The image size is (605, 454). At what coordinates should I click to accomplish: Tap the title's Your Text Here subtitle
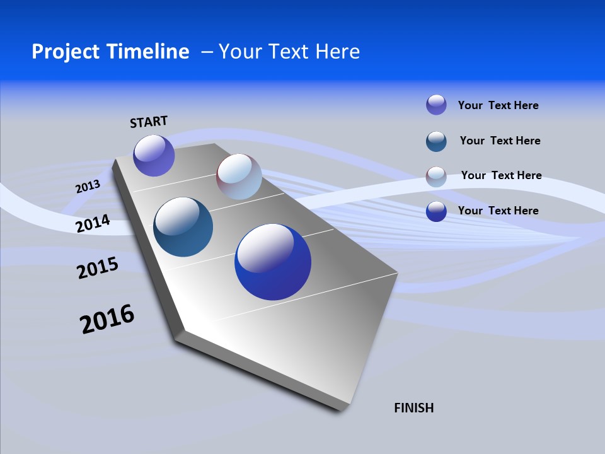(x=289, y=52)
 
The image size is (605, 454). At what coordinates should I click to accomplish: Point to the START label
(x=149, y=122)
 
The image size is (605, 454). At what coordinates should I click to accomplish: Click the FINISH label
(x=413, y=408)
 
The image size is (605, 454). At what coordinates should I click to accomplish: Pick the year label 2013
(x=88, y=186)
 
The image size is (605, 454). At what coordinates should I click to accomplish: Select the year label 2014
(x=93, y=223)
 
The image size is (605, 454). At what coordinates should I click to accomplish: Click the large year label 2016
(x=107, y=318)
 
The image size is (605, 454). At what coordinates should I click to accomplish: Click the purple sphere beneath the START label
(x=154, y=155)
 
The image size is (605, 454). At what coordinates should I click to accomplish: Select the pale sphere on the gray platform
(x=239, y=176)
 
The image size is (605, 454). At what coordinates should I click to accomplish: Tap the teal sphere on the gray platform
(x=183, y=227)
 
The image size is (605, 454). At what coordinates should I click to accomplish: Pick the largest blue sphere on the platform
(x=273, y=262)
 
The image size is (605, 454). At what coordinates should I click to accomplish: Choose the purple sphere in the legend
(x=436, y=105)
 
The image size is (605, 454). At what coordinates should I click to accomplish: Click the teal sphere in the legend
(x=436, y=141)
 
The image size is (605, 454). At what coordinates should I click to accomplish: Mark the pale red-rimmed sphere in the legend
(x=436, y=177)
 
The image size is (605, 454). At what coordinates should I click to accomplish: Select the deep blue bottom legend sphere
(x=436, y=211)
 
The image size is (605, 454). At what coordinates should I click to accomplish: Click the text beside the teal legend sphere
(x=500, y=141)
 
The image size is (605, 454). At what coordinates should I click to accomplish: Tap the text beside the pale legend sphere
(x=501, y=175)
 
